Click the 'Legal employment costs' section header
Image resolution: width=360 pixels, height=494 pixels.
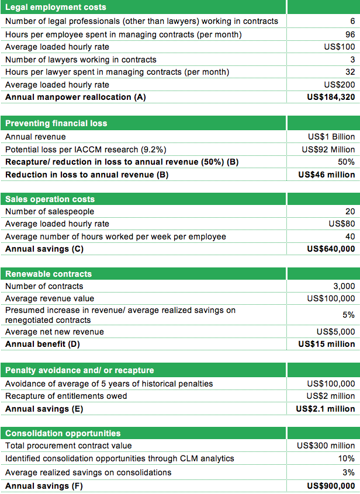[x=56, y=7]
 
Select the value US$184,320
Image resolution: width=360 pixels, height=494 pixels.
[x=331, y=97]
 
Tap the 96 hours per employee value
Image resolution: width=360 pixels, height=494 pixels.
[x=349, y=34]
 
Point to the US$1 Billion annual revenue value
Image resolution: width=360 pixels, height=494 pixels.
[x=331, y=137]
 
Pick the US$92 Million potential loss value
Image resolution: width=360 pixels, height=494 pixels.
[x=328, y=149]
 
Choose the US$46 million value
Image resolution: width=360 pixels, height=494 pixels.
[x=327, y=175]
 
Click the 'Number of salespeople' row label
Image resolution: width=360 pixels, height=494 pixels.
[x=50, y=211]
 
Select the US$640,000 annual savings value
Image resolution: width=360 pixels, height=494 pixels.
[x=331, y=249]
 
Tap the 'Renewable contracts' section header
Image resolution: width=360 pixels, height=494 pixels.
[x=49, y=274]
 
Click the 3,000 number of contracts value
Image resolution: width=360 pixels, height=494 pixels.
[x=344, y=286]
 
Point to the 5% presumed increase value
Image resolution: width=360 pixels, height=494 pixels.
[x=348, y=315]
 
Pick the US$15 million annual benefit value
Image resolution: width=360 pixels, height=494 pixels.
[x=327, y=344]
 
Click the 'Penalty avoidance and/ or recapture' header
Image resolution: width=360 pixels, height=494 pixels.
[x=79, y=370]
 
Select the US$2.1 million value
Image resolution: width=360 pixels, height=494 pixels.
[x=326, y=409]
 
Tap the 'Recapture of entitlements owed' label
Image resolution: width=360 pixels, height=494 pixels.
[x=66, y=396]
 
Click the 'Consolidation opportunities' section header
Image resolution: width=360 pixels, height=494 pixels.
[x=63, y=433]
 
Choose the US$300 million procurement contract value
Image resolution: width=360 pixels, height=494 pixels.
[x=326, y=446]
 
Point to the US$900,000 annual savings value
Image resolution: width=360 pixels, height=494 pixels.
[x=331, y=486]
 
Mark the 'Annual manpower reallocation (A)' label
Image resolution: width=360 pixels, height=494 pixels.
[x=75, y=97]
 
